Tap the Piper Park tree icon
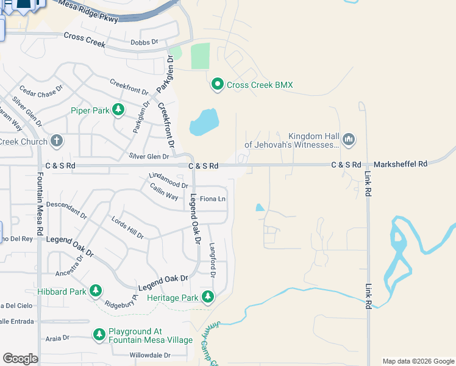(x=118, y=110)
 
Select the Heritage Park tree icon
(x=208, y=297)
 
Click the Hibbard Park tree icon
(x=96, y=291)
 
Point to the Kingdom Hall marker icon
(x=349, y=140)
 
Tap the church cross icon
(x=57, y=142)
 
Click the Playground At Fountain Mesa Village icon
(x=99, y=334)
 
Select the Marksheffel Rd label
(x=400, y=163)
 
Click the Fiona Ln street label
(x=213, y=199)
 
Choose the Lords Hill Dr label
(x=127, y=227)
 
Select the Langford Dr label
(x=213, y=260)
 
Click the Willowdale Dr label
(x=152, y=354)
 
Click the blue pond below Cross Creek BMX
(x=204, y=122)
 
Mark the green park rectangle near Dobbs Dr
(x=200, y=56)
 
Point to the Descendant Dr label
(x=66, y=210)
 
